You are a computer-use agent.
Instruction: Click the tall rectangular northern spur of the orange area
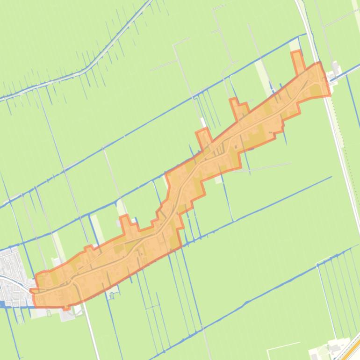tap(296, 62)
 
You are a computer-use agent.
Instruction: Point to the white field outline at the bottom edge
tap(283, 348)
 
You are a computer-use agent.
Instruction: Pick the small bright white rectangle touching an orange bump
tap(202, 123)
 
